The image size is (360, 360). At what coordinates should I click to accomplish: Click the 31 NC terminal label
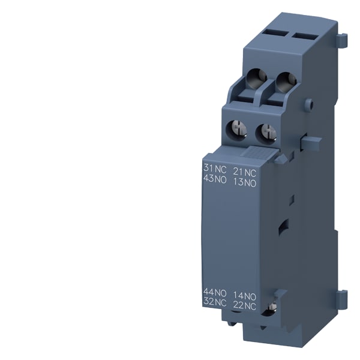point(215,169)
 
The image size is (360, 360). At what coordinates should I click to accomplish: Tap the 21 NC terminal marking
point(245,172)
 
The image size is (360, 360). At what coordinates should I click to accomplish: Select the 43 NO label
point(215,179)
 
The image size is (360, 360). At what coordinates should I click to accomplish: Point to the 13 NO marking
point(245,182)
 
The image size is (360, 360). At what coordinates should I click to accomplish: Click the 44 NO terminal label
point(215,292)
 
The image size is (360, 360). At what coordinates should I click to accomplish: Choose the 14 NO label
point(245,296)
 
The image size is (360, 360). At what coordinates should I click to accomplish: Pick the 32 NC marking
point(215,302)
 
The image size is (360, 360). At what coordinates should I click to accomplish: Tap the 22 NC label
point(245,305)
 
